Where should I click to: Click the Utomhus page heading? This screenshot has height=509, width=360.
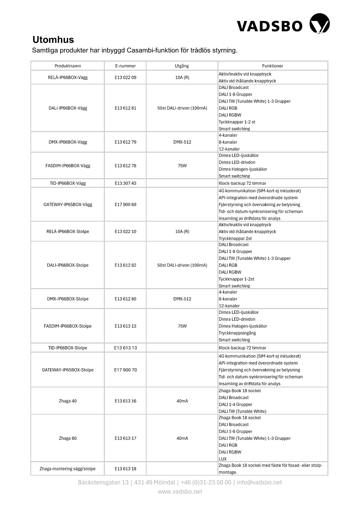(53, 40)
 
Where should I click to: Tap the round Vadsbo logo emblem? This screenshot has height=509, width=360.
(319, 24)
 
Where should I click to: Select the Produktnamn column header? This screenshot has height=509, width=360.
(68, 66)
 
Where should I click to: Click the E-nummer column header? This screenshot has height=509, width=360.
(125, 66)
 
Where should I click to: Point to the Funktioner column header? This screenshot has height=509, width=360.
(272, 66)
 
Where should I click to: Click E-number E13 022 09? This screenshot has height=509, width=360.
(125, 77)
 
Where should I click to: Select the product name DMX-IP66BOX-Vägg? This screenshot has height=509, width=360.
(68, 142)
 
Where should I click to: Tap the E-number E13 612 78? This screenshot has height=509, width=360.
(125, 165)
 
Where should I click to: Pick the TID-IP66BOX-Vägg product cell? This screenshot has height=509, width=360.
(68, 183)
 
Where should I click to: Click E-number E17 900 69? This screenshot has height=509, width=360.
(125, 204)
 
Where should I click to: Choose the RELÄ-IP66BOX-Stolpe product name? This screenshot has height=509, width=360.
(68, 231)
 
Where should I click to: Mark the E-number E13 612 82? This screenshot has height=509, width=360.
(125, 265)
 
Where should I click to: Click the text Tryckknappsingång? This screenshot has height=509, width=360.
(237, 333)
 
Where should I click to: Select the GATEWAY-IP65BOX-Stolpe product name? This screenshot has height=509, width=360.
(68, 370)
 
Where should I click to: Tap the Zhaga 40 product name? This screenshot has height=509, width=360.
(68, 401)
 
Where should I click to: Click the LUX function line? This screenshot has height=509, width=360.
(222, 459)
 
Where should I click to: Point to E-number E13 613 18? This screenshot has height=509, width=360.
(125, 469)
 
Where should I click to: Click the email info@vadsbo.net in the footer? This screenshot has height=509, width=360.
(259, 482)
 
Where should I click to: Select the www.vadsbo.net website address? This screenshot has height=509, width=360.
(180, 492)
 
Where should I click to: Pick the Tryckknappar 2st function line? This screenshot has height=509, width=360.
(235, 238)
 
